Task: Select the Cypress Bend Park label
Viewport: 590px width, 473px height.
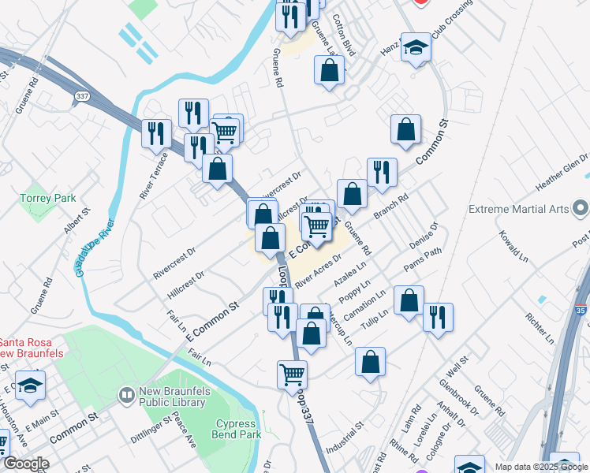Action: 236,429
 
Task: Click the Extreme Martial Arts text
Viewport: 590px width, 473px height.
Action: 518,210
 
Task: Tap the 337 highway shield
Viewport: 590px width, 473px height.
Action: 81,95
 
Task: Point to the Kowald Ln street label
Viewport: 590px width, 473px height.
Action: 512,246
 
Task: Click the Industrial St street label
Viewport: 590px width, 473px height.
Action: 347,436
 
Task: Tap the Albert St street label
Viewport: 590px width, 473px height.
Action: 77,221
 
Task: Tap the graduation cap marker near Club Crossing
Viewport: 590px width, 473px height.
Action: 415,48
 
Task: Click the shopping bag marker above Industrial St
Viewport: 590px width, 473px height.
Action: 370,363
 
